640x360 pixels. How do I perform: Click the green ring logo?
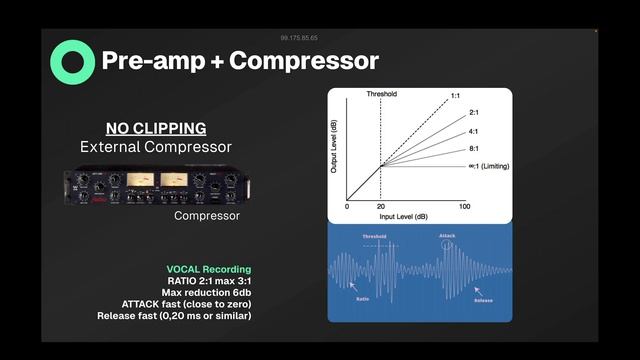click(72, 61)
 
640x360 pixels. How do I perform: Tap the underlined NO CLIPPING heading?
click(156, 128)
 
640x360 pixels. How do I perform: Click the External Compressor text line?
click(156, 147)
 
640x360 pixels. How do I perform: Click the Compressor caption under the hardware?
click(207, 216)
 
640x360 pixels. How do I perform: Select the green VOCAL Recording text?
click(209, 270)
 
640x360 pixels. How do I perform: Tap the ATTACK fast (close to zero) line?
click(187, 304)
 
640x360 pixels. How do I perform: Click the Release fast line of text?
click(174, 316)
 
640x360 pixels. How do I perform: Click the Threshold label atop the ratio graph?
click(381, 95)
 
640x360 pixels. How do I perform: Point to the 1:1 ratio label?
click(455, 96)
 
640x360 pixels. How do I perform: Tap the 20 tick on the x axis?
click(380, 206)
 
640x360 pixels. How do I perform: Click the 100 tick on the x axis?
click(465, 206)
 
